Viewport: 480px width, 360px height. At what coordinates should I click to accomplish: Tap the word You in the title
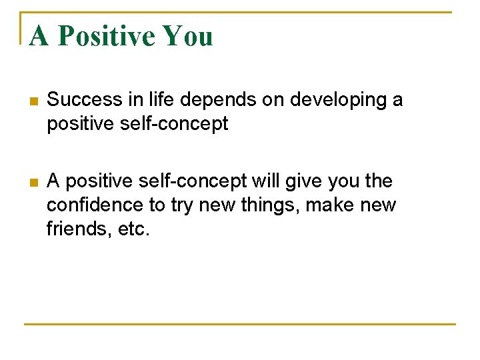[187, 35]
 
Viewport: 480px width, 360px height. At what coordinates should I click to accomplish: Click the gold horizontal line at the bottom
[240, 324]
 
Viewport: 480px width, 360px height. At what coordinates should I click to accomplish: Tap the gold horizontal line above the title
[240, 12]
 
